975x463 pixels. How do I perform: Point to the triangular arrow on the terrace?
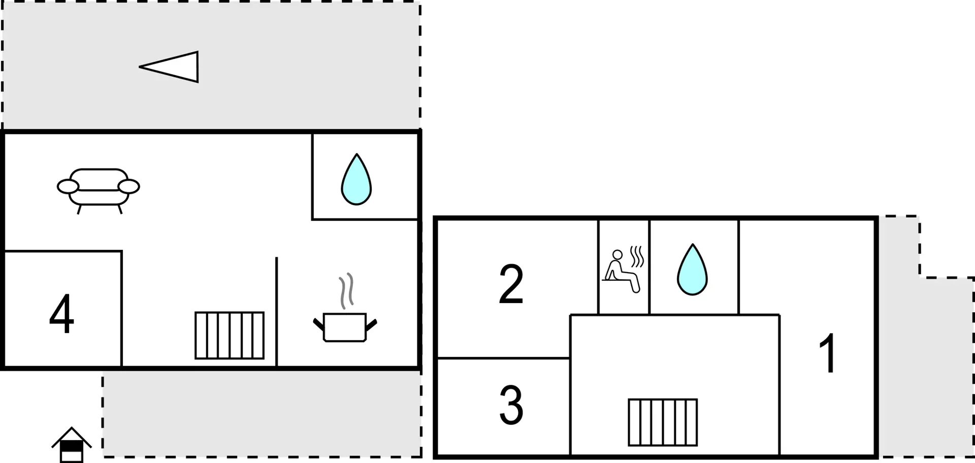(169, 67)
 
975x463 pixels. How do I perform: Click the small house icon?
(72, 445)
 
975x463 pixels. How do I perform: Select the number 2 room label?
(511, 284)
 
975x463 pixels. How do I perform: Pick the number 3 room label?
(511, 405)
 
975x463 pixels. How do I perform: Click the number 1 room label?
(828, 353)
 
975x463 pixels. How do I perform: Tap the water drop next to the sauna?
(692, 270)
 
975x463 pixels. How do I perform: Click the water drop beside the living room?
(356, 179)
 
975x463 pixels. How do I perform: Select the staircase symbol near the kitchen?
(230, 336)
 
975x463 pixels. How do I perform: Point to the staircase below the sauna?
(663, 422)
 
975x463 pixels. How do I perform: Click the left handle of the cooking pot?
(318, 324)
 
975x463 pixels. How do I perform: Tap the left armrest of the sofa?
(68, 187)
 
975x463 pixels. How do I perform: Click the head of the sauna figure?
(617, 255)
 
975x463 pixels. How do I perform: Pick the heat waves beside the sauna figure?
(637, 256)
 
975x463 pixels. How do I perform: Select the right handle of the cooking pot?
(371, 324)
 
